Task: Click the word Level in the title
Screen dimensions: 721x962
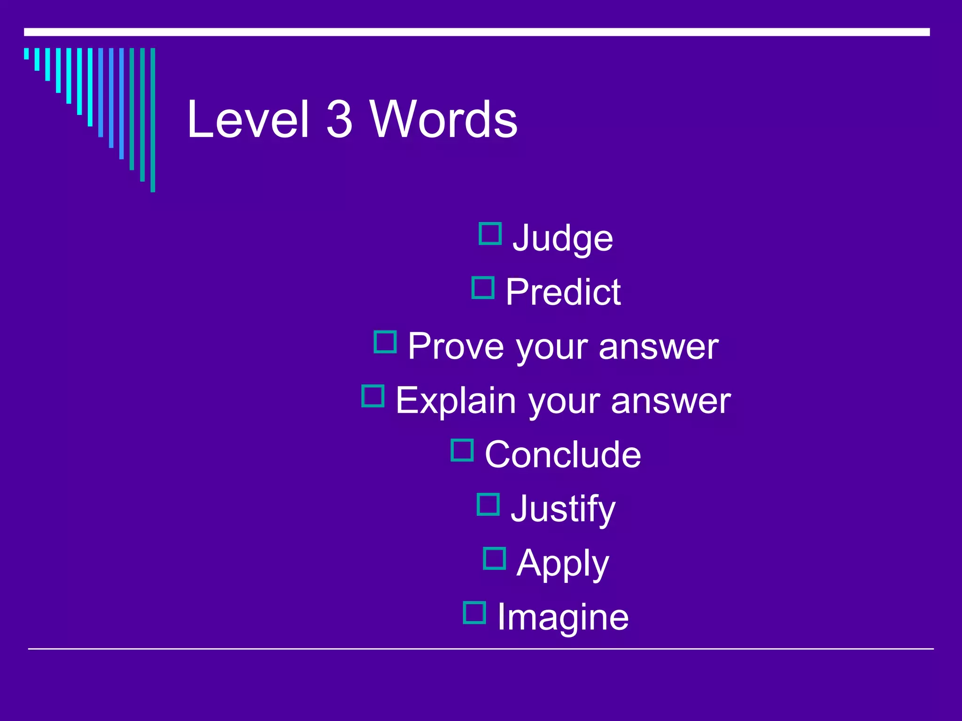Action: pyautogui.click(x=248, y=120)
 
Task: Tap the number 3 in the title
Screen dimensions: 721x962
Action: pyautogui.click(x=339, y=120)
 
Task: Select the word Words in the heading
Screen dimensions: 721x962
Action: pyautogui.click(x=443, y=120)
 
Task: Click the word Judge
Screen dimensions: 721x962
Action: pyautogui.click(x=563, y=238)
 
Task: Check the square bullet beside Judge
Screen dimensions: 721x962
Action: pyautogui.click(x=490, y=234)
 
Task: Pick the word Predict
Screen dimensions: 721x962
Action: pyautogui.click(x=563, y=292)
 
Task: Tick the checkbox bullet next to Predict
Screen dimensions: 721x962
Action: pyautogui.click(x=483, y=288)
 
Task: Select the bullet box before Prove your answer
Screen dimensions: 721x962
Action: pyautogui.click(x=385, y=342)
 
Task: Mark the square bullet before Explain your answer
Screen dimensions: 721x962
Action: pyautogui.click(x=373, y=396)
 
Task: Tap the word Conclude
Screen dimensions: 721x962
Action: pyautogui.click(x=563, y=454)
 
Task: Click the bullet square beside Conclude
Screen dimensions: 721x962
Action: pyautogui.click(x=462, y=450)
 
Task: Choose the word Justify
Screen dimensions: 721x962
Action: pyautogui.click(x=563, y=509)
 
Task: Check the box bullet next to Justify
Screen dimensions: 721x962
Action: pyautogui.click(x=488, y=504)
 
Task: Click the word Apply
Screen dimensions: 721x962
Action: pyautogui.click(x=563, y=563)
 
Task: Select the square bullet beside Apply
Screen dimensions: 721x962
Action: pyautogui.click(x=495, y=559)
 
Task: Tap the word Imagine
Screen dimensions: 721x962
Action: pyautogui.click(x=563, y=617)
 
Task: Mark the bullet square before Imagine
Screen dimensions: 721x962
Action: pyautogui.click(x=474, y=613)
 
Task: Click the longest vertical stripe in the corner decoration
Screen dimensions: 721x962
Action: pyautogui.click(x=153, y=120)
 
